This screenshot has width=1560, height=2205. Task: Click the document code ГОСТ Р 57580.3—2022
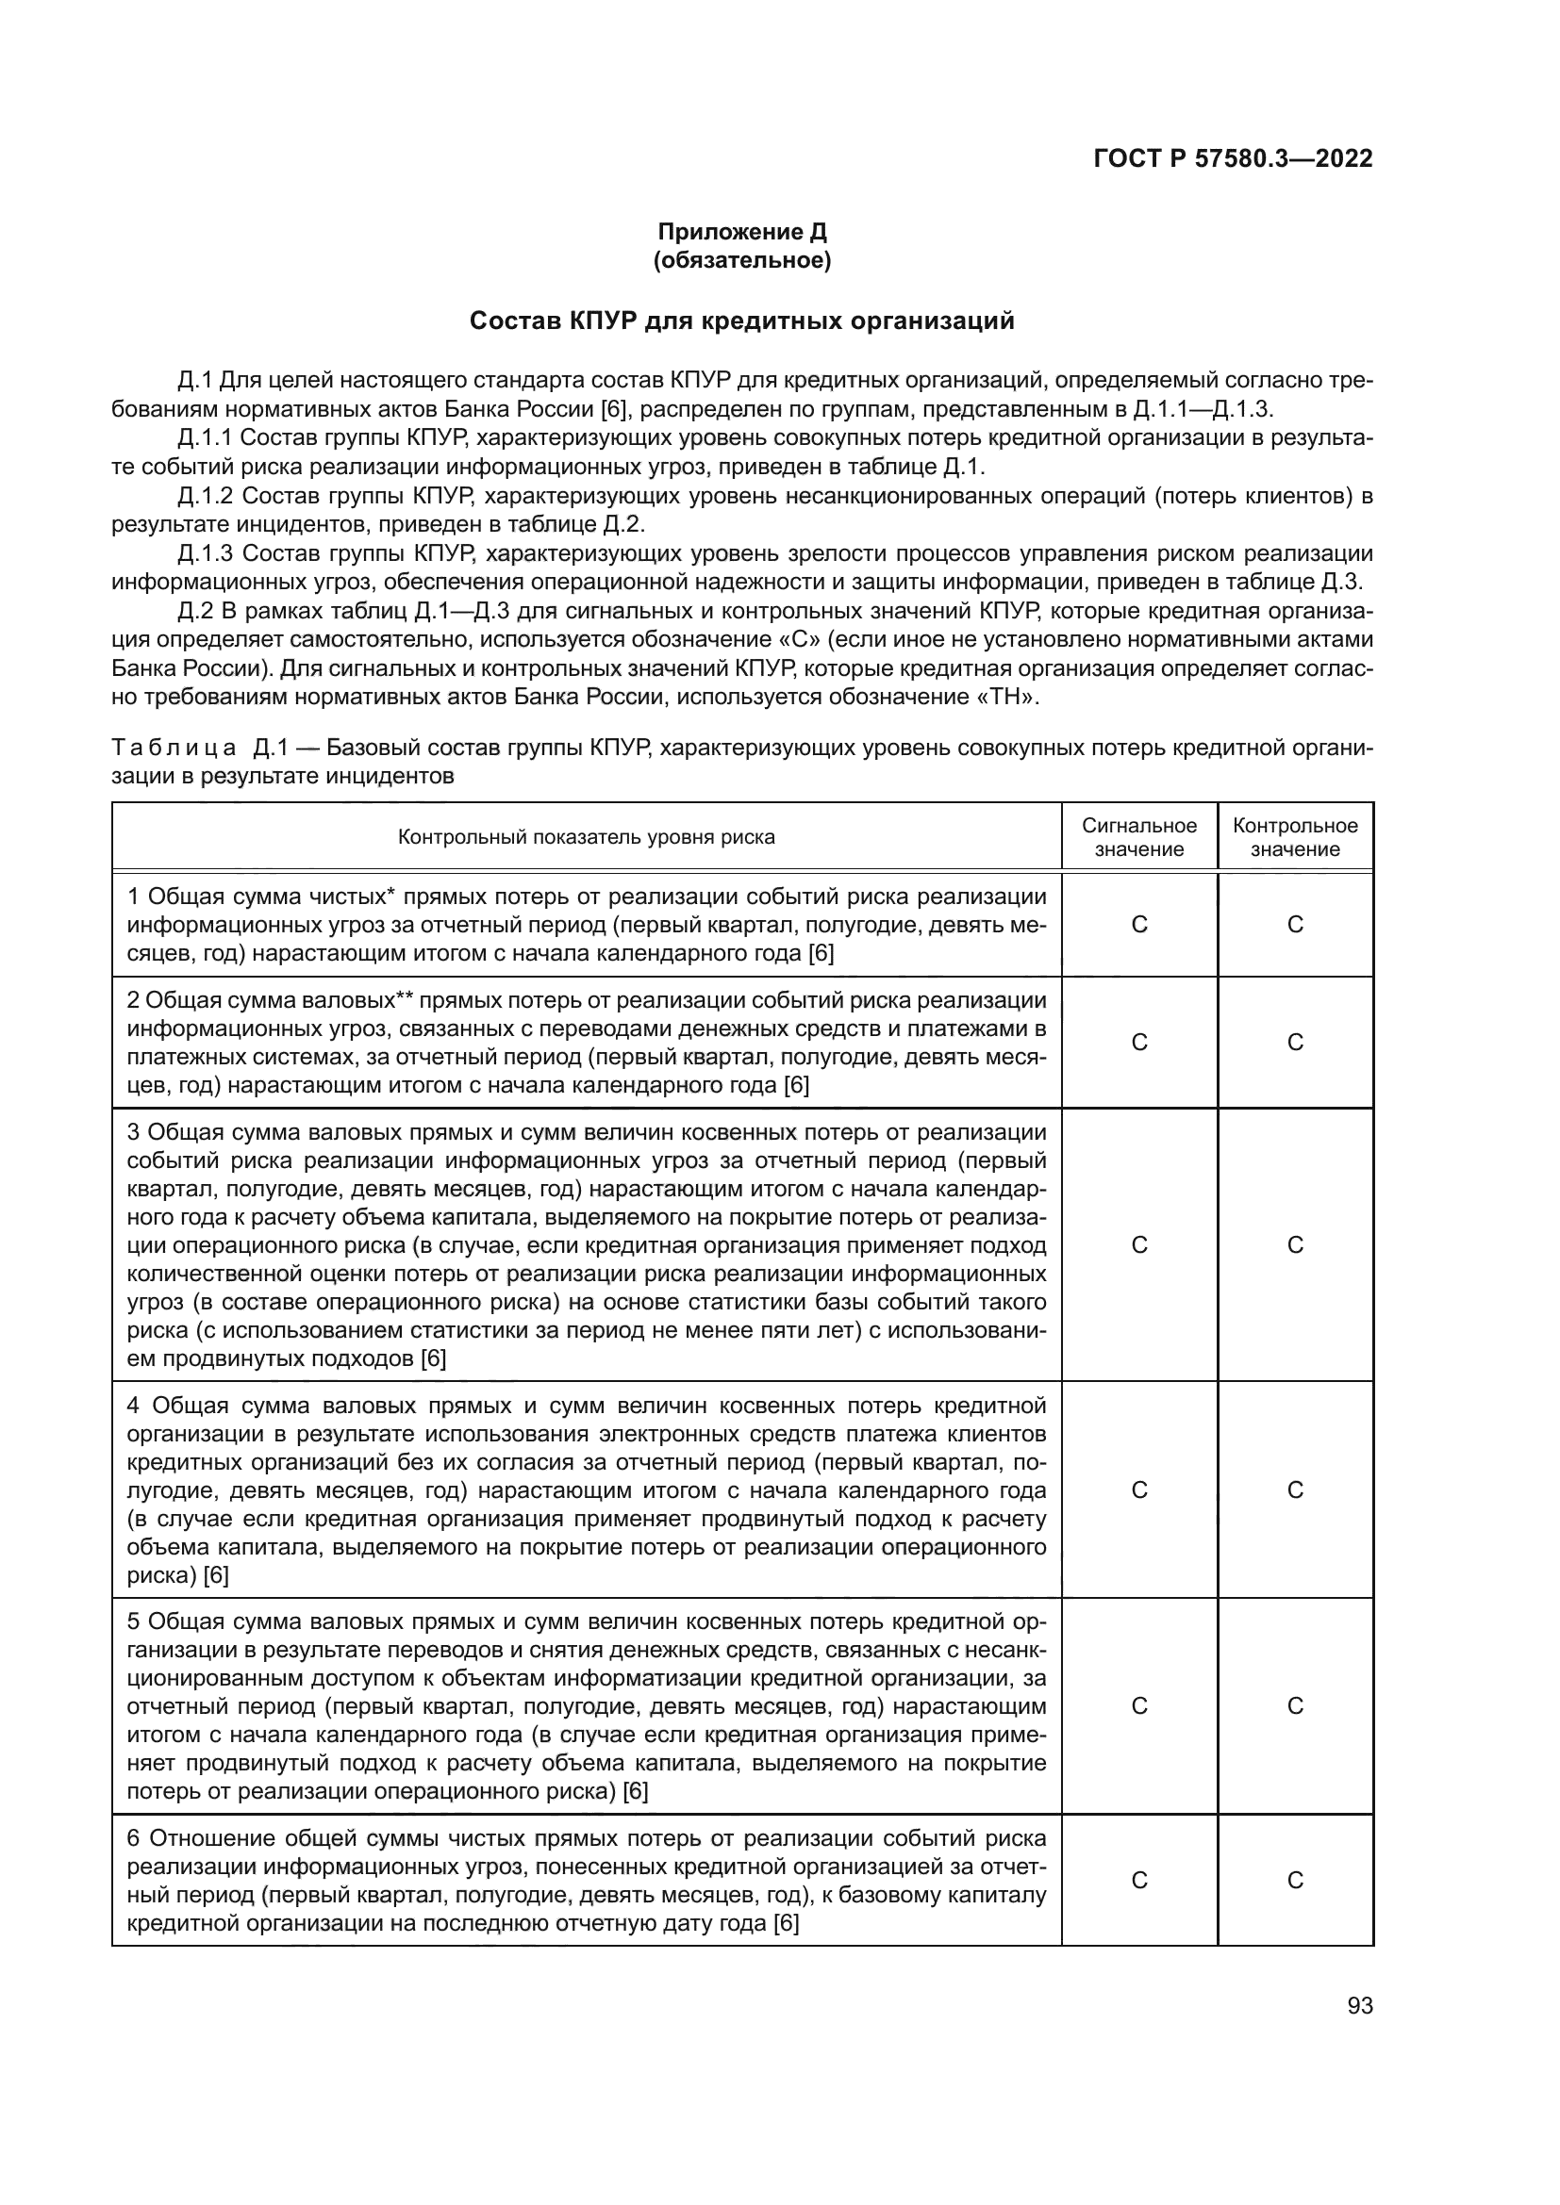[x=1233, y=159]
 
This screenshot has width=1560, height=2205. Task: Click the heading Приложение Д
[x=741, y=232]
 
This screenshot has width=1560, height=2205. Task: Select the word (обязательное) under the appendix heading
[x=741, y=260]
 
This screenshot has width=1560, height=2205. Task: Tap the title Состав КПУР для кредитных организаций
[x=741, y=321]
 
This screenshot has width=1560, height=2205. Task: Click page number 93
[x=1359, y=2006]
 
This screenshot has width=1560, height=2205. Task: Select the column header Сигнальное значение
[x=1139, y=837]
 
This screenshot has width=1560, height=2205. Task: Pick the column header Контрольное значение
[x=1295, y=837]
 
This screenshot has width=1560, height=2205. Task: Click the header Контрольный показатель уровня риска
[x=586, y=837]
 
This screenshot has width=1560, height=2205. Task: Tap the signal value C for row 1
[x=1139, y=925]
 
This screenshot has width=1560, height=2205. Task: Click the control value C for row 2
[x=1295, y=1043]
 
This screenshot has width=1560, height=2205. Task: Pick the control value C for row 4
[x=1295, y=1489]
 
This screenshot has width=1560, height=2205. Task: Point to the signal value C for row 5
[x=1139, y=1705]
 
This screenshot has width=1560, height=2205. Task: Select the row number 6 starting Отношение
[x=135, y=1838]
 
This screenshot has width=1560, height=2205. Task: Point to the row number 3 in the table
[x=134, y=1132]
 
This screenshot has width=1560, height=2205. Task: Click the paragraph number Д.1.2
[x=206, y=497]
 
